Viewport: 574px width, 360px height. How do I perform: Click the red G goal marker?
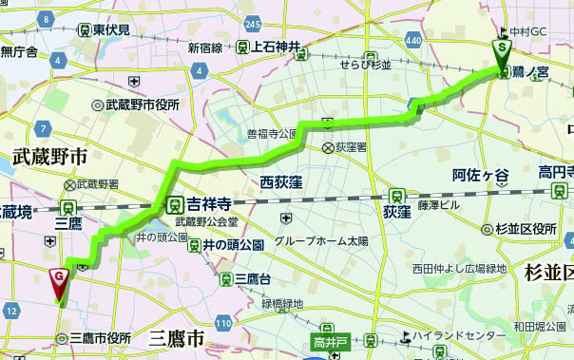click(59, 277)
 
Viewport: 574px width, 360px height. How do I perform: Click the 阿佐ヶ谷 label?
click(481, 175)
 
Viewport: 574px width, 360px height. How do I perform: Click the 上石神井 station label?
click(276, 47)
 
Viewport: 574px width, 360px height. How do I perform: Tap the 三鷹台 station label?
click(252, 278)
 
